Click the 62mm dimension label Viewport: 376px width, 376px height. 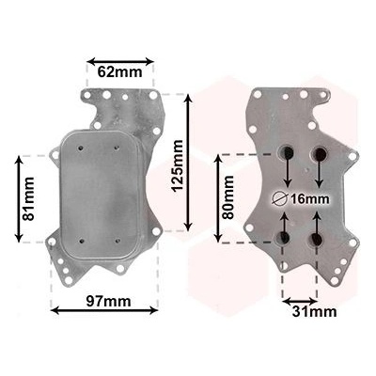[x=119, y=72]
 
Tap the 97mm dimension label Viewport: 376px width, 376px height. [x=109, y=301]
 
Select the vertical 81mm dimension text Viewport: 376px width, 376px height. [x=29, y=198]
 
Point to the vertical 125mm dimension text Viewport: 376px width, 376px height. [x=178, y=165]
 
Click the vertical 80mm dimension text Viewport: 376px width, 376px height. [x=227, y=197]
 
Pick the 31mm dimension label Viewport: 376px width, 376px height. [x=314, y=312]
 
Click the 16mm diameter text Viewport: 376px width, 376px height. [x=309, y=198]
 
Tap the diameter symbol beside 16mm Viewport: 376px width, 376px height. [x=280, y=198]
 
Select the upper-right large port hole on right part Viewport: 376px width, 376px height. [x=320, y=153]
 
